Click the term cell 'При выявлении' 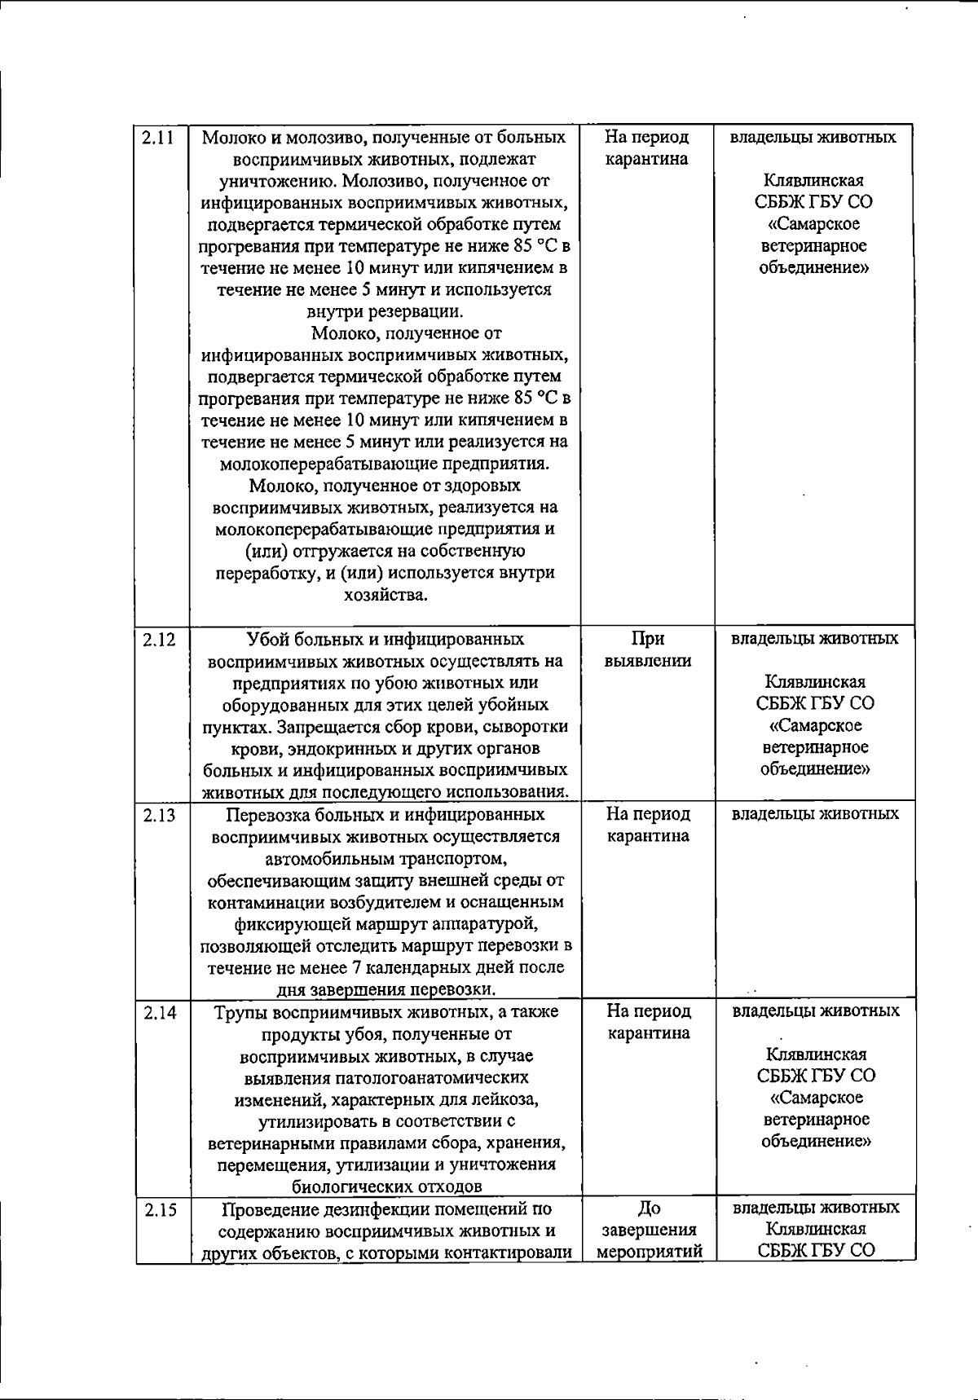click(x=648, y=650)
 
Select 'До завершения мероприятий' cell click(x=650, y=1231)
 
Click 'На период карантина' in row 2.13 click(x=649, y=825)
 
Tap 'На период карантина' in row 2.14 click(x=649, y=1022)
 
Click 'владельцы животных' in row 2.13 click(x=815, y=814)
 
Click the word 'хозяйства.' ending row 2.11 click(x=385, y=595)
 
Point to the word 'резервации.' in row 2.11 click(x=385, y=311)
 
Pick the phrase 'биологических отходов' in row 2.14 click(x=387, y=1186)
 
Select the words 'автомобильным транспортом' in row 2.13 click(x=386, y=859)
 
